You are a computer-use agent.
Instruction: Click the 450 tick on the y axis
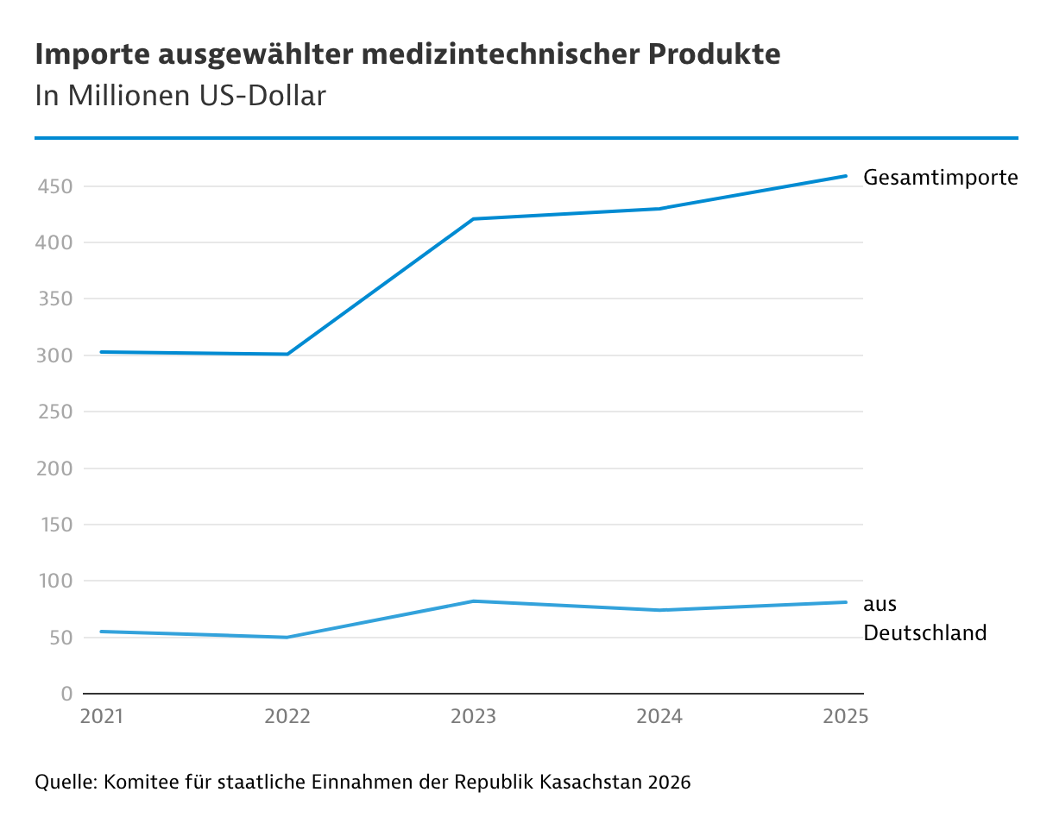(53, 186)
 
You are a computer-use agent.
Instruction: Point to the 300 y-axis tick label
(53, 355)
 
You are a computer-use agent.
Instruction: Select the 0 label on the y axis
(66, 694)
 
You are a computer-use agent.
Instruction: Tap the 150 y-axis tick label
(54, 525)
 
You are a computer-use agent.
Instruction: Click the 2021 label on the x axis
(102, 717)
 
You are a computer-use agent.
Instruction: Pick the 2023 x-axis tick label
(474, 717)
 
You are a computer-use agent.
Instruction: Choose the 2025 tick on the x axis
(845, 717)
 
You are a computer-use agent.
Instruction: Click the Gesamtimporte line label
(941, 179)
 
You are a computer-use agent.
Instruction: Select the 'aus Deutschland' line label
(924, 619)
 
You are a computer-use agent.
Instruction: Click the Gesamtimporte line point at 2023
(474, 219)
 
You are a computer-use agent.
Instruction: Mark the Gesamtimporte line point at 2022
(287, 354)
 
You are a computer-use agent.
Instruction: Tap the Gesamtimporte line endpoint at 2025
(845, 176)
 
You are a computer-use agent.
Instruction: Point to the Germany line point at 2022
(287, 637)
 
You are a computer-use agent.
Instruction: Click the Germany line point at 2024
(659, 610)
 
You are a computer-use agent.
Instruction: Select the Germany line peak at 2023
(474, 600)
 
